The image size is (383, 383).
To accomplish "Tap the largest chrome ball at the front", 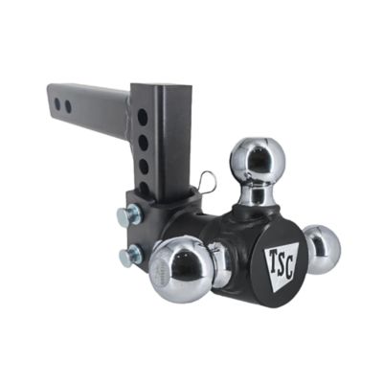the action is click(181, 266).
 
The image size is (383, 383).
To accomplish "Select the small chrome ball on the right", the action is click(323, 250).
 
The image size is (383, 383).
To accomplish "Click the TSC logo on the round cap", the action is click(282, 267).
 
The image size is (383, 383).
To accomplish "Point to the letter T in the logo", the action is click(272, 259).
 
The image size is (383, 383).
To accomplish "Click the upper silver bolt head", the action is click(129, 214).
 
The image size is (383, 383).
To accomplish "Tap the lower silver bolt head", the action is click(130, 256).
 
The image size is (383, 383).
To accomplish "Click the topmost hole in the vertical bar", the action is click(143, 117).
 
